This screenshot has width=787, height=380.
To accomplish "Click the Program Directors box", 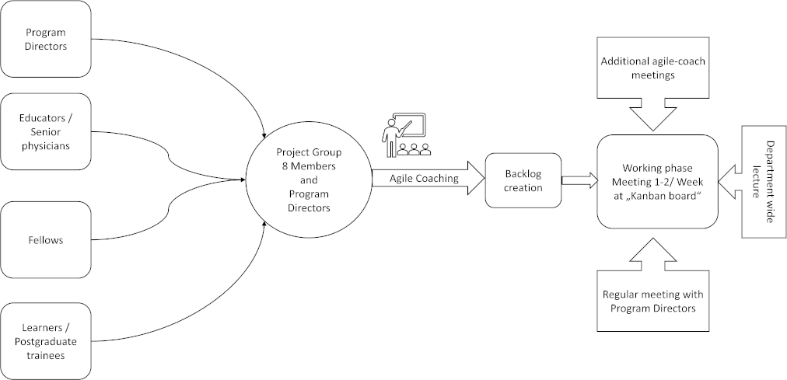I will (x=46, y=40).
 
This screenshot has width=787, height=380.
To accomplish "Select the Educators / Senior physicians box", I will (x=46, y=131).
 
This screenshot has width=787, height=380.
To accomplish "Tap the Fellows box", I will (x=46, y=239).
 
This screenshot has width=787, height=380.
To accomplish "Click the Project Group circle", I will (x=308, y=180).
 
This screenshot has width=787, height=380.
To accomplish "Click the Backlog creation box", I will (x=523, y=180).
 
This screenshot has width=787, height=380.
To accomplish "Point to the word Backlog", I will (x=523, y=174).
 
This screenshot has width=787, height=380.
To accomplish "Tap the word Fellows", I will (x=46, y=239).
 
